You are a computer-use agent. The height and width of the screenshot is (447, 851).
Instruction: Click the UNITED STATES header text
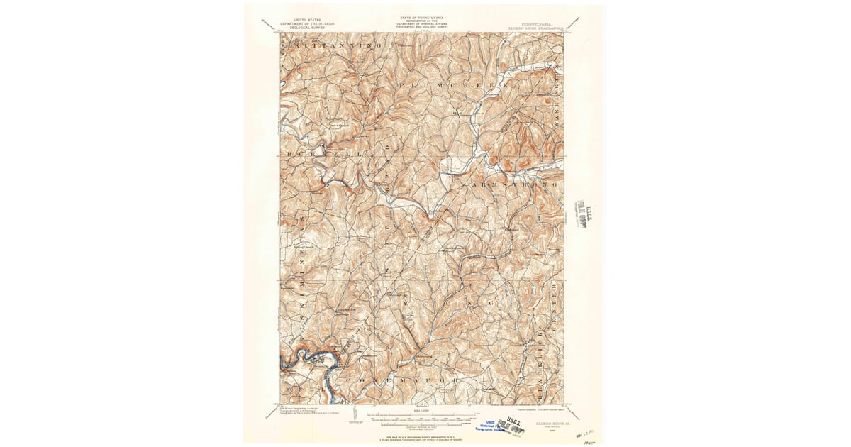tap(306, 20)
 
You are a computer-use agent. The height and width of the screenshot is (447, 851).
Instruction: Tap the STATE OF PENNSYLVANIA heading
tap(421, 16)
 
